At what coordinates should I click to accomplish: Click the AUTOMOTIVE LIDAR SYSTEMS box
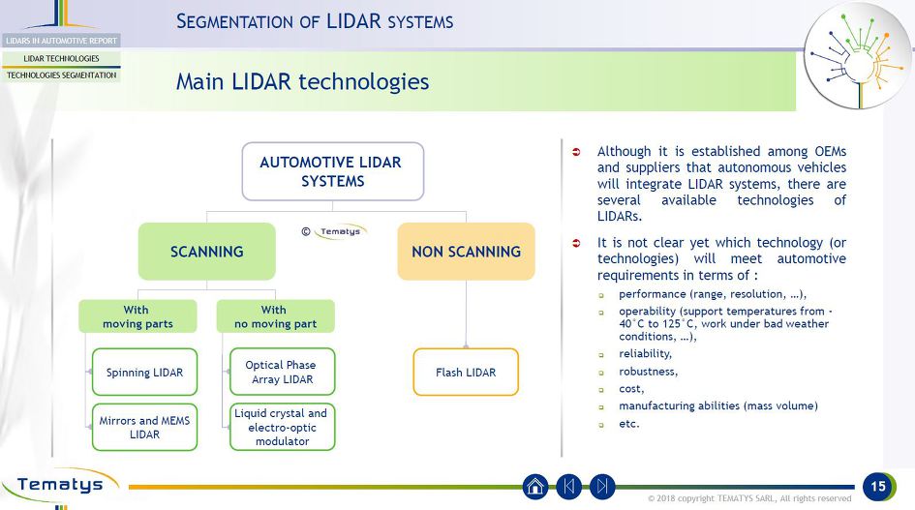332,172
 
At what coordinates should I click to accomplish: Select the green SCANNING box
206,252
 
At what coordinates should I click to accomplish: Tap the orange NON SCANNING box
466,252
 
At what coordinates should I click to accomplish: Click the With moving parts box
137,316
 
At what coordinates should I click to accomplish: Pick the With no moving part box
275,316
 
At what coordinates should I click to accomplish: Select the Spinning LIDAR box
144,373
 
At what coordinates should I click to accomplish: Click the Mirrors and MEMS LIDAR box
144,427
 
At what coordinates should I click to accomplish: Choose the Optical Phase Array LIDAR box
282,373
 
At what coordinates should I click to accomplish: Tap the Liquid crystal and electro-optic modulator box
282,427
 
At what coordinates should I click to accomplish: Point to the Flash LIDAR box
466,373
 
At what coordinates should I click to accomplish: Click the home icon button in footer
535,487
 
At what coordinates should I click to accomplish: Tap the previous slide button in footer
569,487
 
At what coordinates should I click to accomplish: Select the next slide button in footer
602,487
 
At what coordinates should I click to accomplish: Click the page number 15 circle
878,487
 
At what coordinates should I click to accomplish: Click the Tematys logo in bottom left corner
60,485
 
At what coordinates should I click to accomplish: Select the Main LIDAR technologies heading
302,81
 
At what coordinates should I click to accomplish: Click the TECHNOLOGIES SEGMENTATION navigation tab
61,75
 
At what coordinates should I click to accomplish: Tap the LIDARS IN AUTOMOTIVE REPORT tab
61,41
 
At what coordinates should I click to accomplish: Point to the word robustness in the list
648,371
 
